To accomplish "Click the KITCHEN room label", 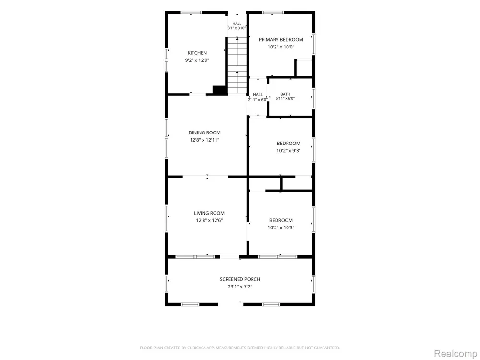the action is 197,53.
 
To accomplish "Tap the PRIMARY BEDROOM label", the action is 281,39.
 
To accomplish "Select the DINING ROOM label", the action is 204,132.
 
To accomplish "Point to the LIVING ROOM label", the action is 209,213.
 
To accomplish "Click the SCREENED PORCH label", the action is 240,279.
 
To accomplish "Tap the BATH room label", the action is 285,94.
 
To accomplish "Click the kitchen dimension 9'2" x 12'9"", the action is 197,60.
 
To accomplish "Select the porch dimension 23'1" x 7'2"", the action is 240,287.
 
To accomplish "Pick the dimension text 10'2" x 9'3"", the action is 288,151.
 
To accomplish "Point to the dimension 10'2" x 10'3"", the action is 281,228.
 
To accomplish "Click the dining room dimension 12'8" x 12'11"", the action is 204,140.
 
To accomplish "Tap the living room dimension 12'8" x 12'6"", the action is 209,220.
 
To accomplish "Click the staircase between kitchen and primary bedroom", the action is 237,65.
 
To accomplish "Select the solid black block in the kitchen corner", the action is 220,90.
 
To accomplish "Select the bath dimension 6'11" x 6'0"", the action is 285,98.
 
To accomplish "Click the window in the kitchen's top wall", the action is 191,12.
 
